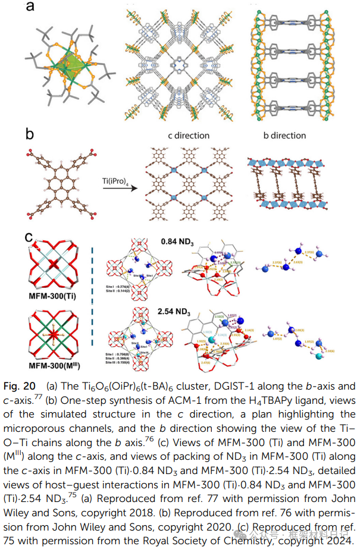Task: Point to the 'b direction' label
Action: coord(284,136)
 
